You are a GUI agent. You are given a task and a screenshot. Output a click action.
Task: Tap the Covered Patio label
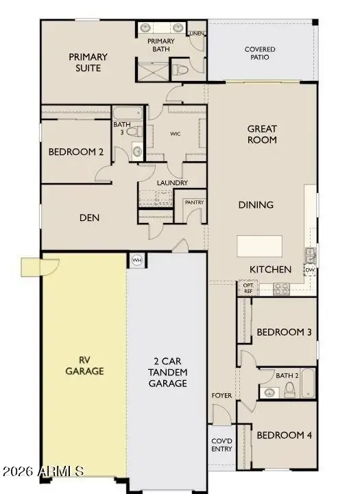(260, 54)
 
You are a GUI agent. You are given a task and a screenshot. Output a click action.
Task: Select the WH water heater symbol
(136, 261)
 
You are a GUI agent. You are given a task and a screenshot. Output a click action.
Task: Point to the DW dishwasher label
(310, 270)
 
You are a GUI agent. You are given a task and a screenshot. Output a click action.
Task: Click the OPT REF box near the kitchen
(248, 288)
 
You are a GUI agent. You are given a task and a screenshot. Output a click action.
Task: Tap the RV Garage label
(85, 366)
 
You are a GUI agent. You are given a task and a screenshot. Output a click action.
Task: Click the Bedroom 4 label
(284, 435)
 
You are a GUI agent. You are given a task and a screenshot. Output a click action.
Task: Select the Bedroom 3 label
(284, 333)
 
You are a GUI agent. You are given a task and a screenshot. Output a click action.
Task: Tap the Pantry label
(193, 202)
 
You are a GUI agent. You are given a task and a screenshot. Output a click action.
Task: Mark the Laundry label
(172, 183)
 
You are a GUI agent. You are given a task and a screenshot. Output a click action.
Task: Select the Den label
(89, 218)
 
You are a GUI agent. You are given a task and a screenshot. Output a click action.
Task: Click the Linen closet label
(196, 33)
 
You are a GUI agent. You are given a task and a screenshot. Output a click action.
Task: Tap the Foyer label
(221, 395)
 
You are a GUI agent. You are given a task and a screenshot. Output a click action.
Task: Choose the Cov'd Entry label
(221, 445)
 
